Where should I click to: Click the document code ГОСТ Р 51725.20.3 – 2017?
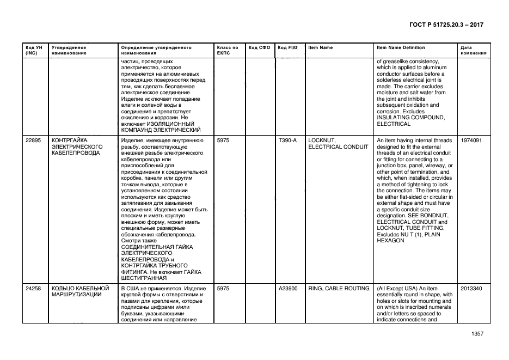(446, 25)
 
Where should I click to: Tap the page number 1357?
(477, 334)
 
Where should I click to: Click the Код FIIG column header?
(287, 48)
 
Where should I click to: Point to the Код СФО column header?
(259, 48)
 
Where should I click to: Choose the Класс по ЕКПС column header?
(228, 51)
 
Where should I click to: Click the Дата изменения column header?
(473, 51)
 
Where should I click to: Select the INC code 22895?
(33, 141)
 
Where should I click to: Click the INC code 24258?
(33, 288)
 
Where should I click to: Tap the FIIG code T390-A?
(287, 141)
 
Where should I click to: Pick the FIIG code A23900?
(287, 288)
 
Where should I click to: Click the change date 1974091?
(471, 141)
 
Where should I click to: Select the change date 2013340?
(471, 288)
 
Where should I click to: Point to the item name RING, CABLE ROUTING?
(339, 288)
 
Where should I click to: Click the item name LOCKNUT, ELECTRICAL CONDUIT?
(338, 144)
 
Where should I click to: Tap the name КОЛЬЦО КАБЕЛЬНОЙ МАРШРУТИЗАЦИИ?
(81, 291)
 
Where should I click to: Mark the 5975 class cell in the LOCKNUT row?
(223, 141)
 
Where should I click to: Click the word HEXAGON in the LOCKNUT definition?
(390, 241)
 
